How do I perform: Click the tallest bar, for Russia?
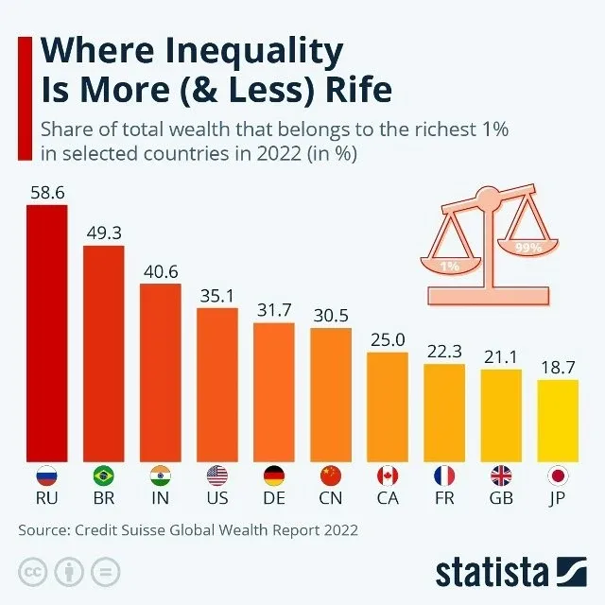46,331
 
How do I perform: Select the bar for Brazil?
103,350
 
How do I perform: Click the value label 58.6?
46,191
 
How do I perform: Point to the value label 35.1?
216,295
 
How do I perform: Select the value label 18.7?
557,366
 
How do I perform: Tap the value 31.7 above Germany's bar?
273,310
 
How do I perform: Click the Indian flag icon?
160,475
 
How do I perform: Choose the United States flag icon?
216,475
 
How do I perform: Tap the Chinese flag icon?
330,475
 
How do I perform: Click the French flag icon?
443,475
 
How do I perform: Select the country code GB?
500,498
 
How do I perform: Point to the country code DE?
273,498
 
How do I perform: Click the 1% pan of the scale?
449,266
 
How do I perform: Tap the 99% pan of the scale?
527,248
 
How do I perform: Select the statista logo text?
492,573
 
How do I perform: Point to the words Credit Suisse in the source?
119,530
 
